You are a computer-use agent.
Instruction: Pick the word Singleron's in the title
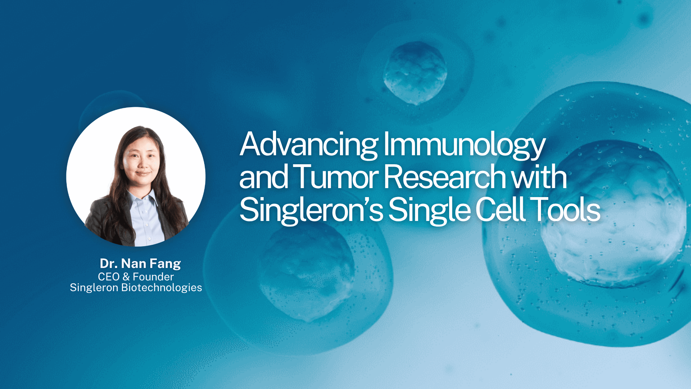coord(311,210)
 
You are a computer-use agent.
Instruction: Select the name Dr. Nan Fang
coord(140,263)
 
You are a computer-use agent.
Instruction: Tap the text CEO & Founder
coord(136,277)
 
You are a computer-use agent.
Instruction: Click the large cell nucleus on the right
coord(612,214)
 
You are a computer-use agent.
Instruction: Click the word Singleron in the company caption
coord(94,288)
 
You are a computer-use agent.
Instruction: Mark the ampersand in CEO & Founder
coord(126,277)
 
